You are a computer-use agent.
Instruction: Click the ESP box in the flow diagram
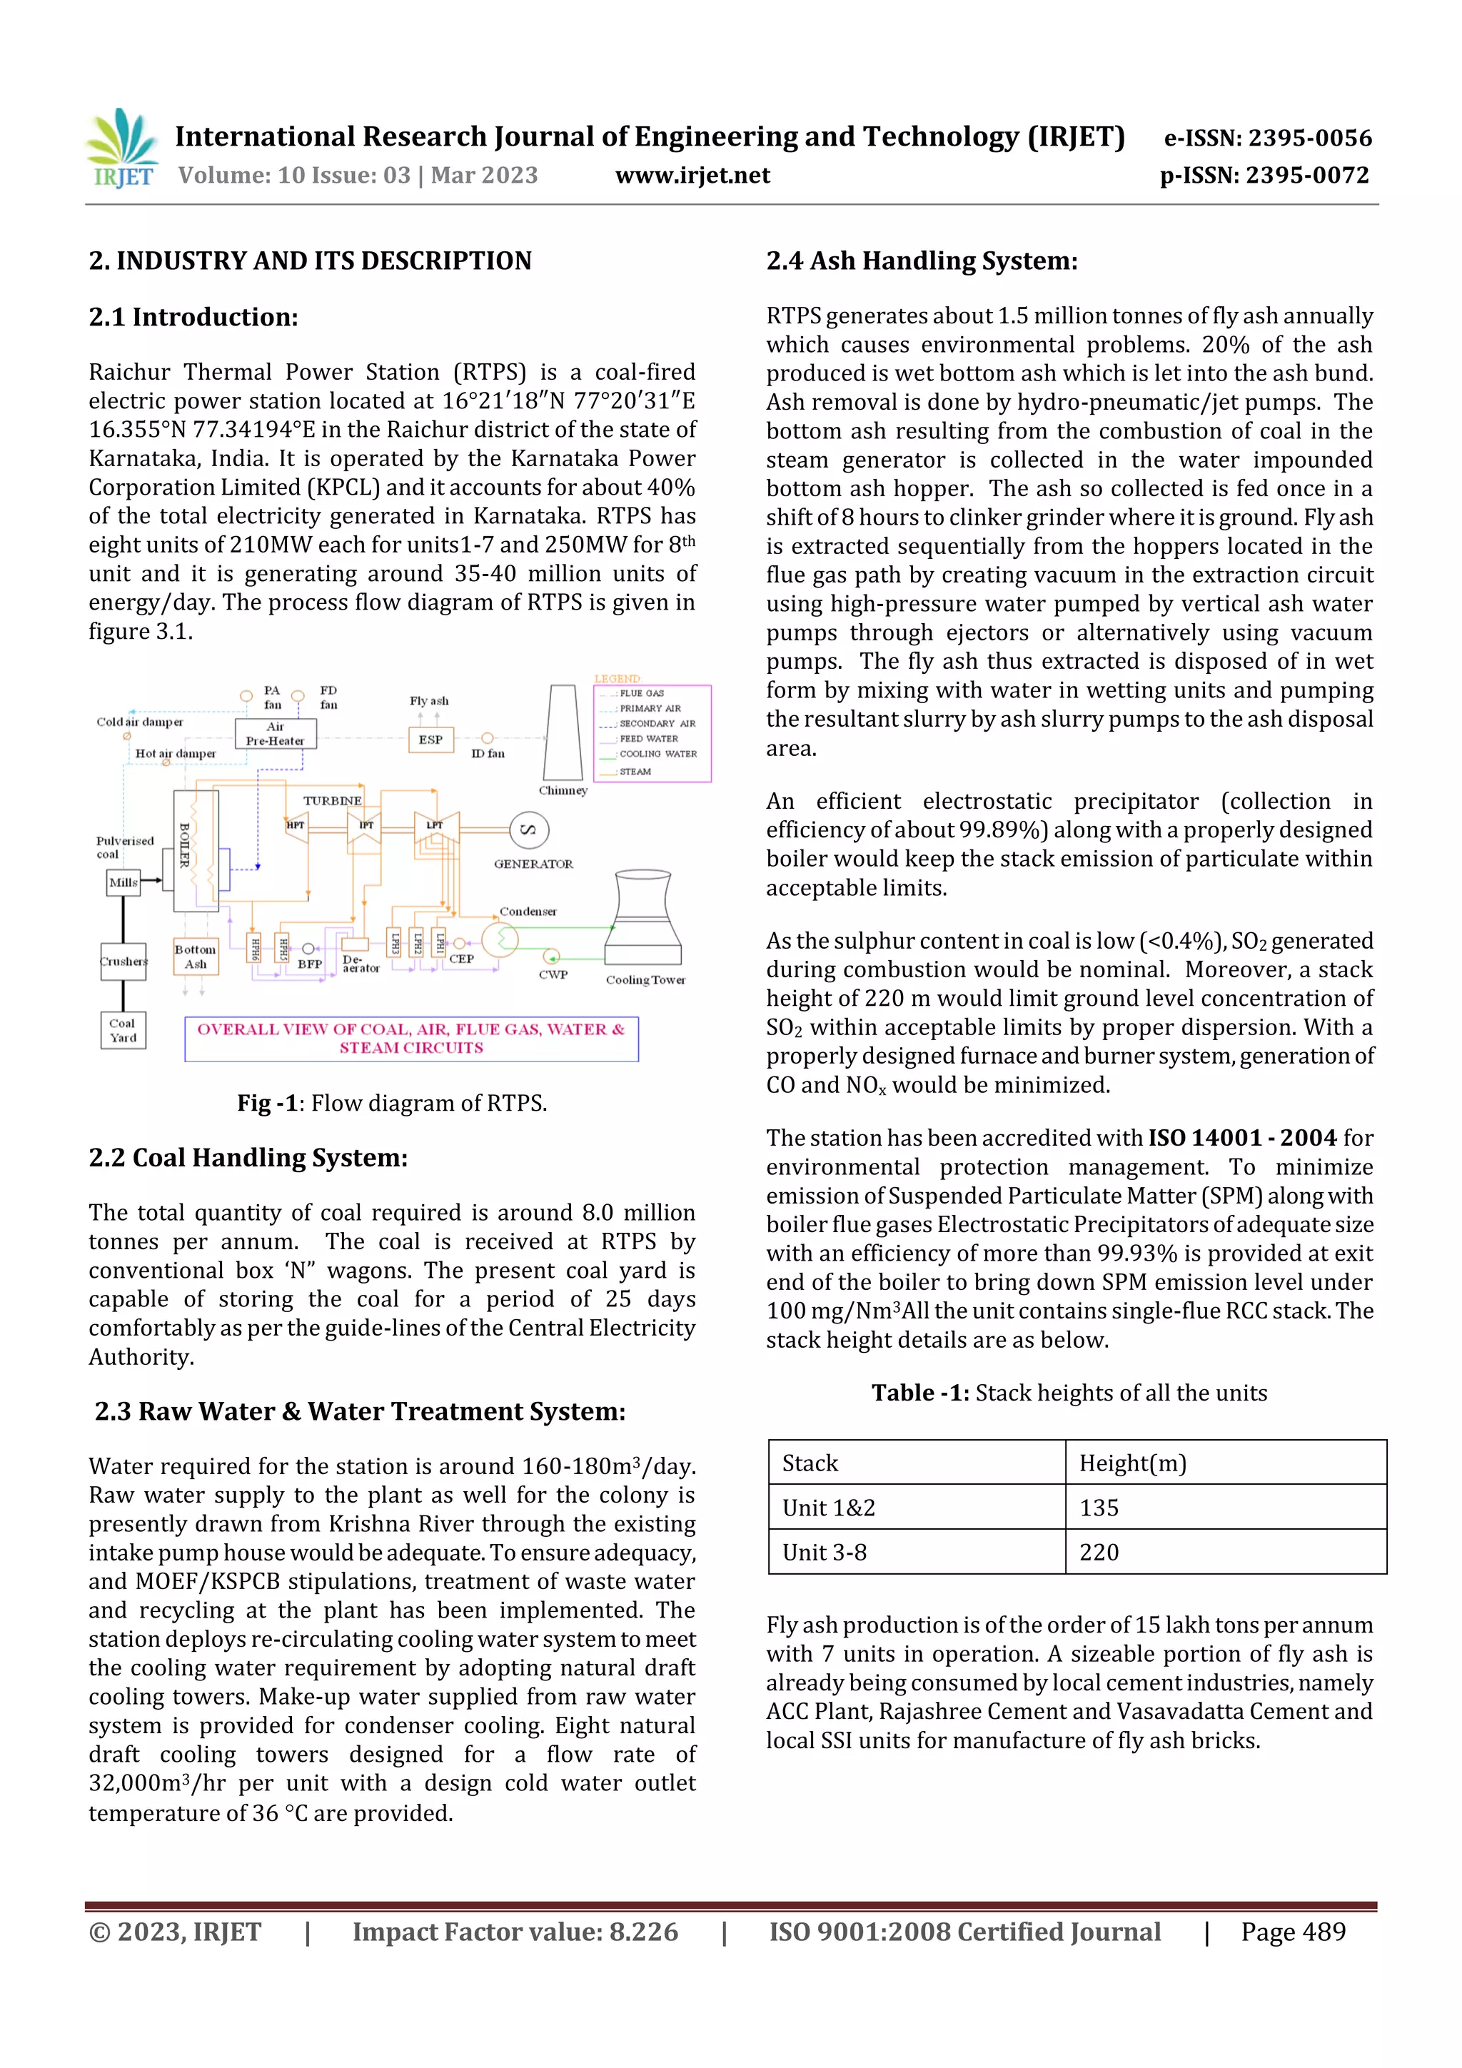430,740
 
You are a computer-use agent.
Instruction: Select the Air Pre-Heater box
275,733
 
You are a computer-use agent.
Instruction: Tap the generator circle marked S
529,829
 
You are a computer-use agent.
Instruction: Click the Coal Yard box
123,1029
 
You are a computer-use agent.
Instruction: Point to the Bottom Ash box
196,957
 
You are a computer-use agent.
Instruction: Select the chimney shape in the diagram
563,733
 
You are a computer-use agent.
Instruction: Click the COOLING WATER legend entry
657,754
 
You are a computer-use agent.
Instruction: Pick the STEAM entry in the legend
635,772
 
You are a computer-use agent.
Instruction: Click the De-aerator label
361,964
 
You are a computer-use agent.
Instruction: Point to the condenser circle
500,939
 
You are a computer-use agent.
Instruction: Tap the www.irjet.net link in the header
692,175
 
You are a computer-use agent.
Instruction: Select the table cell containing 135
1099,1508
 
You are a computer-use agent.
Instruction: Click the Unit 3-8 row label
825,1552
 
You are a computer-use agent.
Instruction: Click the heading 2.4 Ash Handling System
922,261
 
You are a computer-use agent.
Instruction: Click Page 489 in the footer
1293,1932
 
